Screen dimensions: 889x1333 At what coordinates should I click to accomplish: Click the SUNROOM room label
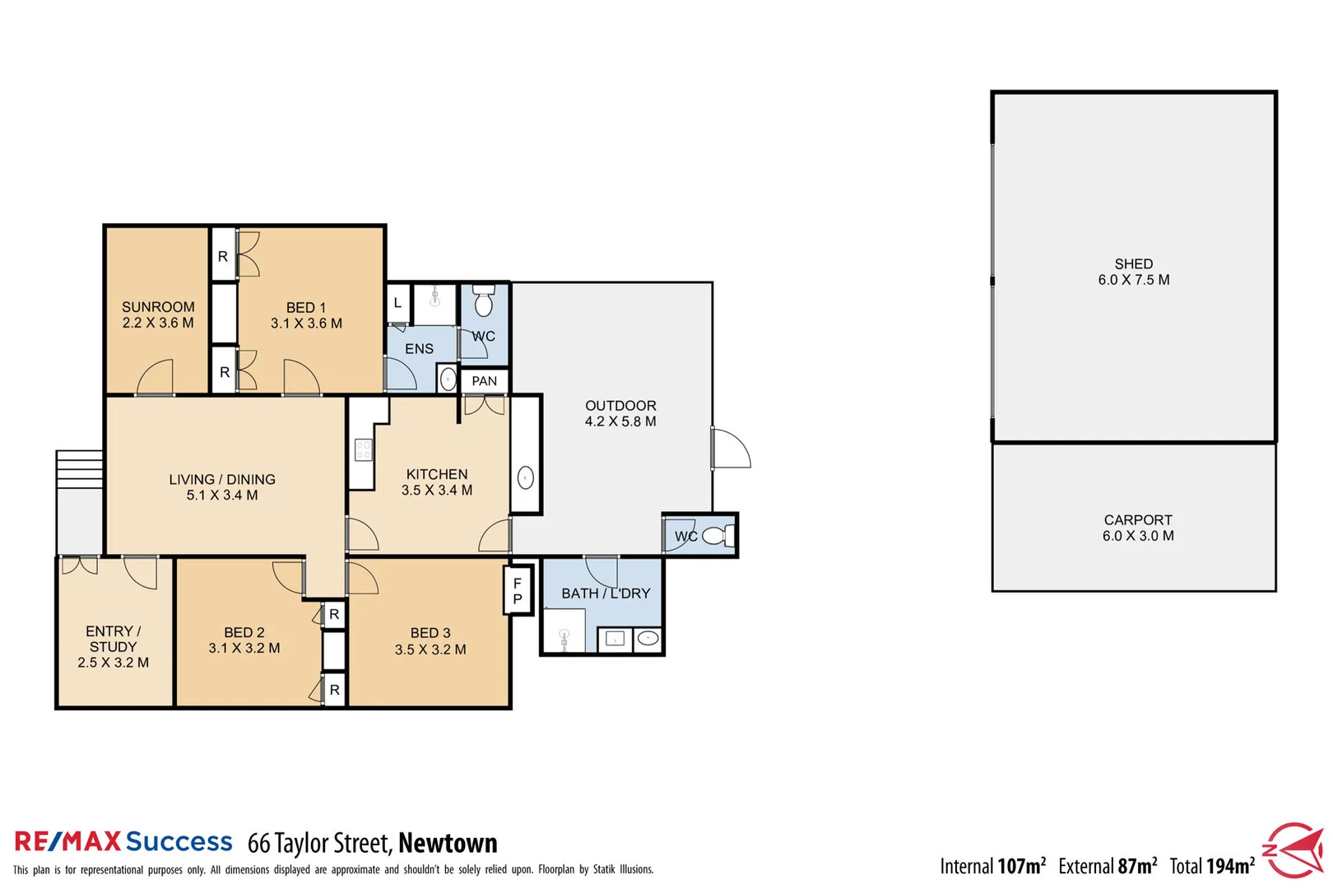pyautogui.click(x=158, y=307)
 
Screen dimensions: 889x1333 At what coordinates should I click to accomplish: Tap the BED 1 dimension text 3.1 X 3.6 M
pyautogui.click(x=306, y=323)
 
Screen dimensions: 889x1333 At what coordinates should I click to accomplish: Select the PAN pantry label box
pyautogui.click(x=485, y=381)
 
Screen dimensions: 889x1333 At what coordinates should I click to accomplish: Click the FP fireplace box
pyautogui.click(x=518, y=590)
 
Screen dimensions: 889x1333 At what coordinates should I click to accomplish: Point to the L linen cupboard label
pyautogui.click(x=397, y=303)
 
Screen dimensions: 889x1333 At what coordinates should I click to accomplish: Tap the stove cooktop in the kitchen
pyautogui.click(x=363, y=449)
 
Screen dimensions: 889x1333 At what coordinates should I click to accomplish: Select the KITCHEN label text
pyautogui.click(x=437, y=474)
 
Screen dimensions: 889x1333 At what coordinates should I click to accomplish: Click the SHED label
pyautogui.click(x=1133, y=264)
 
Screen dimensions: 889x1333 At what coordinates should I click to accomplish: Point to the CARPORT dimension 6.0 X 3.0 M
pyautogui.click(x=1138, y=536)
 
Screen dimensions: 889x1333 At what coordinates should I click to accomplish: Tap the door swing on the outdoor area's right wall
pyautogui.click(x=731, y=449)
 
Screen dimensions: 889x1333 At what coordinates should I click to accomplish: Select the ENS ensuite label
pyautogui.click(x=419, y=349)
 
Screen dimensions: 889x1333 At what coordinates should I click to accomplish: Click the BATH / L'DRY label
pyautogui.click(x=606, y=593)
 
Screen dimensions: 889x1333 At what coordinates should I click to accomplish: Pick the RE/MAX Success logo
pyautogui.click(x=123, y=841)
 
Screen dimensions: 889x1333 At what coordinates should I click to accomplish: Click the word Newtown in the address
pyautogui.click(x=448, y=843)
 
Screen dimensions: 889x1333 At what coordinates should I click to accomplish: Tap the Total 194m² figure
pyautogui.click(x=1212, y=866)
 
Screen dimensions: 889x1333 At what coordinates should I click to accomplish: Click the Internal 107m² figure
pyautogui.click(x=992, y=866)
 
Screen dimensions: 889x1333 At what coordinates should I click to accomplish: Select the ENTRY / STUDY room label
pyautogui.click(x=114, y=639)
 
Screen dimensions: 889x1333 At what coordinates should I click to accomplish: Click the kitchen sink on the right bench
pyautogui.click(x=526, y=477)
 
